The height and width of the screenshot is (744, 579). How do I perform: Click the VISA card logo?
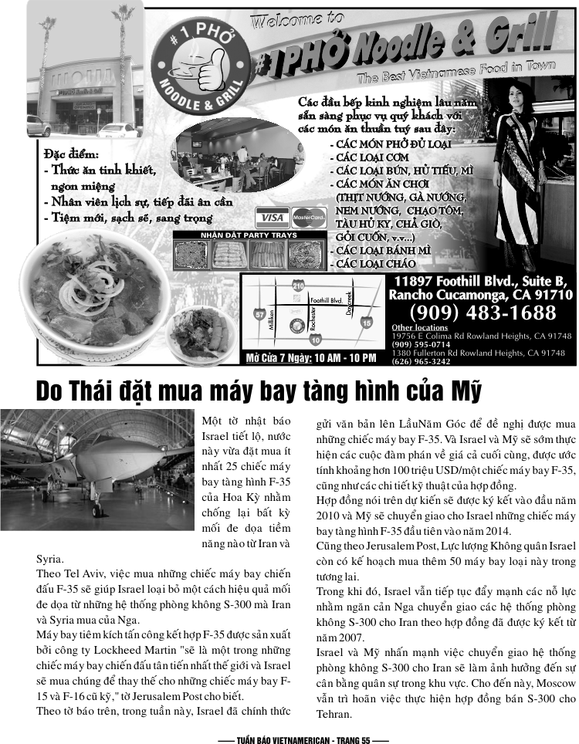[x=273, y=218]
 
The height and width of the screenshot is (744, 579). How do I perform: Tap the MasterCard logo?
[x=309, y=218]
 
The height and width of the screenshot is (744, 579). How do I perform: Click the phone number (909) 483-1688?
[x=482, y=313]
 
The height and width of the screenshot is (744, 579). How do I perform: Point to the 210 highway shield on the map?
[x=297, y=286]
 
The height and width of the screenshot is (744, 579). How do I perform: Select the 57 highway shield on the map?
[x=259, y=314]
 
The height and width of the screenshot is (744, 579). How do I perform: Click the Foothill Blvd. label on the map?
[x=327, y=300]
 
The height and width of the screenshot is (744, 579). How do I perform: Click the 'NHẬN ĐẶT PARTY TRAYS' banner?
[x=249, y=235]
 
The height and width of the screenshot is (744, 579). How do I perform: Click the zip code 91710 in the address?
[x=554, y=295]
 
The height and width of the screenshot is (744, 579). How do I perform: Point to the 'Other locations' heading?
[x=419, y=327]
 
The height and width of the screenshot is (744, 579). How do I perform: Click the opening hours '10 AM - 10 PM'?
[x=345, y=358]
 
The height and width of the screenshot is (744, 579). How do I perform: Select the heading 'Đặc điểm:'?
[x=72, y=154]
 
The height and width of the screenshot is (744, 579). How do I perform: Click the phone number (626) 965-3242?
[x=421, y=361]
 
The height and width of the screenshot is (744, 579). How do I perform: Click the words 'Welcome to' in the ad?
[x=296, y=20]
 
